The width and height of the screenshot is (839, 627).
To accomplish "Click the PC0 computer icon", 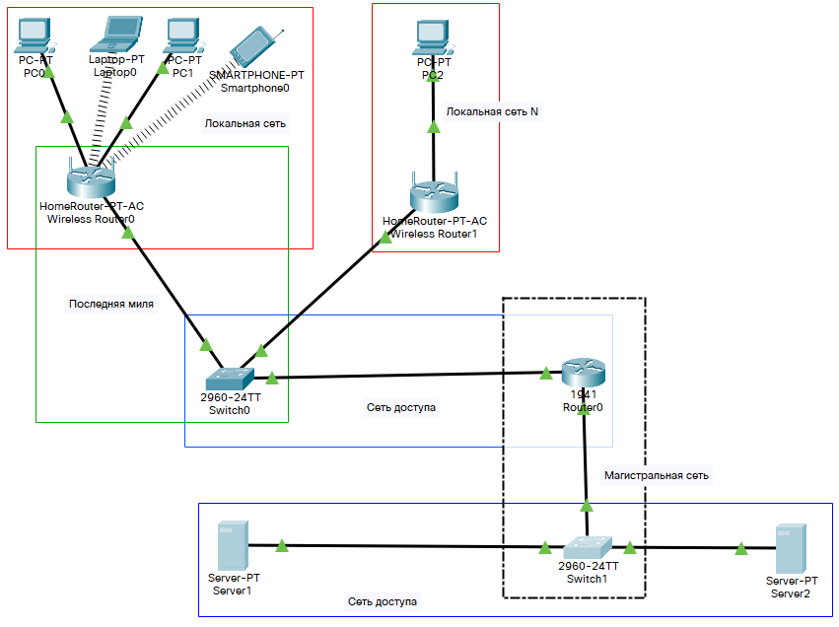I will [34, 35].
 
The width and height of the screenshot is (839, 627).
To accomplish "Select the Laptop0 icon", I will [115, 35].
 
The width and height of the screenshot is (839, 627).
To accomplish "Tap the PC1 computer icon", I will [181, 35].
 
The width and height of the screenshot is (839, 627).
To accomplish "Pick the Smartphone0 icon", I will [254, 47].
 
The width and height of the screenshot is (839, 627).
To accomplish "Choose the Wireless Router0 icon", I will [91, 179].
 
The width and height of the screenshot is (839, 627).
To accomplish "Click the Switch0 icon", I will [229, 379].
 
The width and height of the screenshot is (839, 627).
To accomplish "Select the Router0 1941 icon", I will [582, 373].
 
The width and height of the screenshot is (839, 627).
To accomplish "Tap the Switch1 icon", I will [589, 547].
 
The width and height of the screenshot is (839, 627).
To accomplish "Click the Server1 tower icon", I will [232, 545].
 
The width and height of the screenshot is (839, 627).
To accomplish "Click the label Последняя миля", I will [110, 304].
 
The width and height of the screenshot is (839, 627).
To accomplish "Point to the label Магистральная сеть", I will [656, 475].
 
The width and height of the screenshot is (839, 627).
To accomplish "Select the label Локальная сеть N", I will [492, 111].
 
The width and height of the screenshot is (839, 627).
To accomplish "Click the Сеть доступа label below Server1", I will [382, 600].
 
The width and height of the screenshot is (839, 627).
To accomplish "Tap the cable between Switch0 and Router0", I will [404, 376].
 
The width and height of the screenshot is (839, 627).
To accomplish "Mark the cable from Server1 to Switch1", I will [394, 546].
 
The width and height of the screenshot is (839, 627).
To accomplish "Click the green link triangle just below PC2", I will [432, 126].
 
